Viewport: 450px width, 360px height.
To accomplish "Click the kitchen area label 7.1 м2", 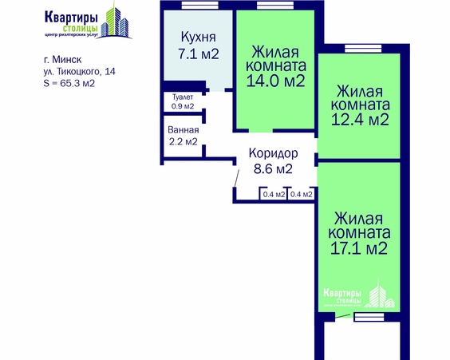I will point(198,53).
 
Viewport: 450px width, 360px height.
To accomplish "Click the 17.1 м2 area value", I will point(360,249).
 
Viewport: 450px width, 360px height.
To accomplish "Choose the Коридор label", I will point(273,153).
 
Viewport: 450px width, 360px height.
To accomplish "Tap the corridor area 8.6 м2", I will point(273,169).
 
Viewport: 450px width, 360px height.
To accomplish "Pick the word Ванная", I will point(183,130).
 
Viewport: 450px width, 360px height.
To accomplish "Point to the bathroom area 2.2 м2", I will point(183,143).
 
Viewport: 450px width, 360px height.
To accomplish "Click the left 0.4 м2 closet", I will point(274,194).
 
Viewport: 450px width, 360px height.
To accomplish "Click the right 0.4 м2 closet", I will point(301,194).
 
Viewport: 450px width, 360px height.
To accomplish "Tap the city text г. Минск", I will point(63,59).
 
